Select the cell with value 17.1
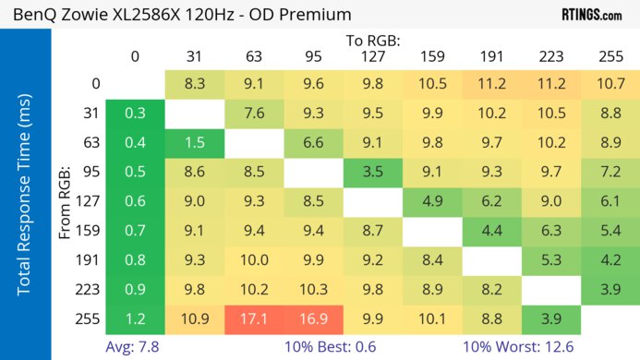pyautogui.click(x=254, y=318)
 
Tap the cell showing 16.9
pyautogui.click(x=314, y=318)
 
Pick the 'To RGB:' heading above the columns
pyautogui.click(x=373, y=41)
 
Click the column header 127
pyautogui.click(x=373, y=57)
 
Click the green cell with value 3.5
pyautogui.click(x=373, y=172)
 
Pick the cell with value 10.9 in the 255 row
pyautogui.click(x=195, y=318)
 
